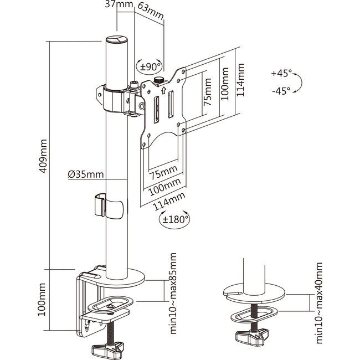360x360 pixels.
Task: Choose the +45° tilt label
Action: pyautogui.click(x=282, y=74)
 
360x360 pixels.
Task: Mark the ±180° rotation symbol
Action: pyautogui.click(x=175, y=219)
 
